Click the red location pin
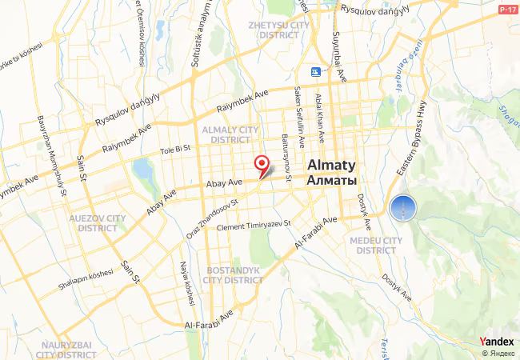click(x=262, y=165)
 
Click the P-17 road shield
click(x=507, y=10)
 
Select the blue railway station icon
click(x=316, y=72)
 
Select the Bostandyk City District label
click(x=234, y=275)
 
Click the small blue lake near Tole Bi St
click(x=142, y=170)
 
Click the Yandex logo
click(x=497, y=342)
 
